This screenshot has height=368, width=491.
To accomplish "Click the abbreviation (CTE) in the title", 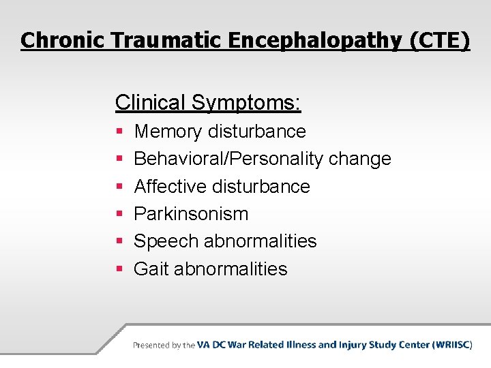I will click(x=440, y=40).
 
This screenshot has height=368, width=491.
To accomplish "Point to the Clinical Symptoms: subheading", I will click(x=208, y=103).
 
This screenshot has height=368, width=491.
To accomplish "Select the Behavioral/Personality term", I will click(x=228, y=159).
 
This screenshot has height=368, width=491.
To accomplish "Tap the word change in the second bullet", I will click(x=360, y=159).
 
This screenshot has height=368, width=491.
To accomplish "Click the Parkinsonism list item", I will click(x=191, y=214).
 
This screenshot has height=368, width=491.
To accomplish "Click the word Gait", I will click(x=151, y=269).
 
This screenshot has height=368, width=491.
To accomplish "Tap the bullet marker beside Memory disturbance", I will click(x=119, y=132).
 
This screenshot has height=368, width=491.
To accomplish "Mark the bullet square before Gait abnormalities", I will click(x=119, y=269).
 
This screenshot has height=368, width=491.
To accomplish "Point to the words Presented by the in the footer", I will click(x=164, y=346).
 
